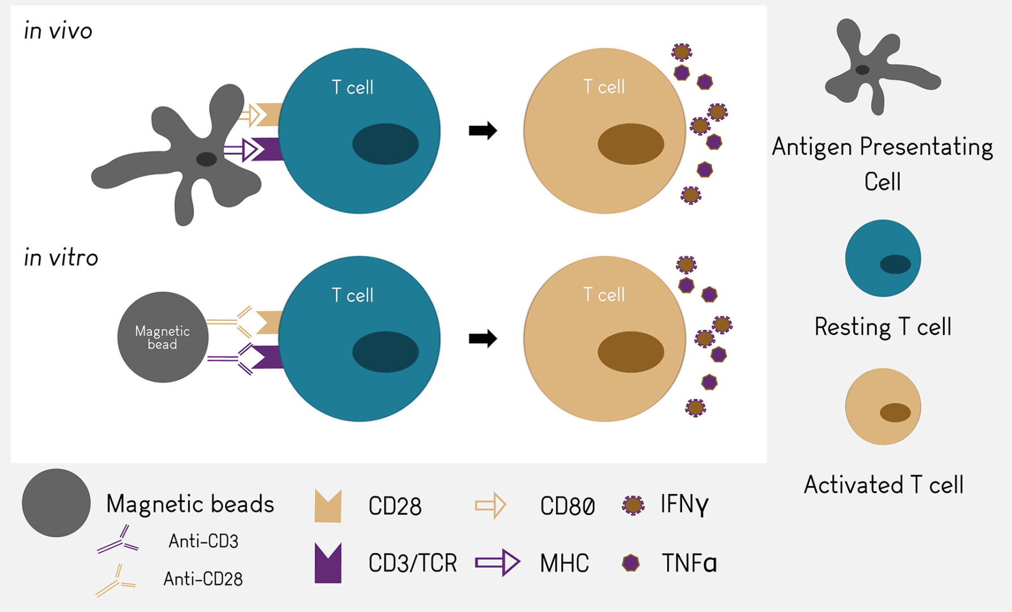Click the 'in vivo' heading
pyautogui.click(x=58, y=31)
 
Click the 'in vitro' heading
pyautogui.click(x=61, y=258)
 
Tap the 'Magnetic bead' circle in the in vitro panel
pyautogui.click(x=163, y=337)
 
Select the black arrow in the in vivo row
pyautogui.click(x=482, y=131)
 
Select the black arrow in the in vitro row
pyautogui.click(x=482, y=339)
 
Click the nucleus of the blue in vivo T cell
pyautogui.click(x=386, y=144)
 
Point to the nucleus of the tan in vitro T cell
pyautogui.click(x=630, y=352)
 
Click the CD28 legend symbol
pyautogui.click(x=328, y=506)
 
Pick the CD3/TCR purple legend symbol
pyautogui.click(x=328, y=563)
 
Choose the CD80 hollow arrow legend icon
pyautogui.click(x=490, y=505)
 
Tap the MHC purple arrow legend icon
pyautogui.click(x=497, y=563)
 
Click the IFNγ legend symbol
pyautogui.click(x=633, y=505)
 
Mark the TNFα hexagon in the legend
pyautogui.click(x=630, y=563)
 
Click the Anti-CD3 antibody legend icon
pyautogui.click(x=118, y=541)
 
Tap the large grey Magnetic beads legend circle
pyautogui.click(x=56, y=503)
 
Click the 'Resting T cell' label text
pyautogui.click(x=883, y=327)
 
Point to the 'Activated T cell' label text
pyautogui.click(x=883, y=485)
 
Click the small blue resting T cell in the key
pyautogui.click(x=883, y=258)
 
